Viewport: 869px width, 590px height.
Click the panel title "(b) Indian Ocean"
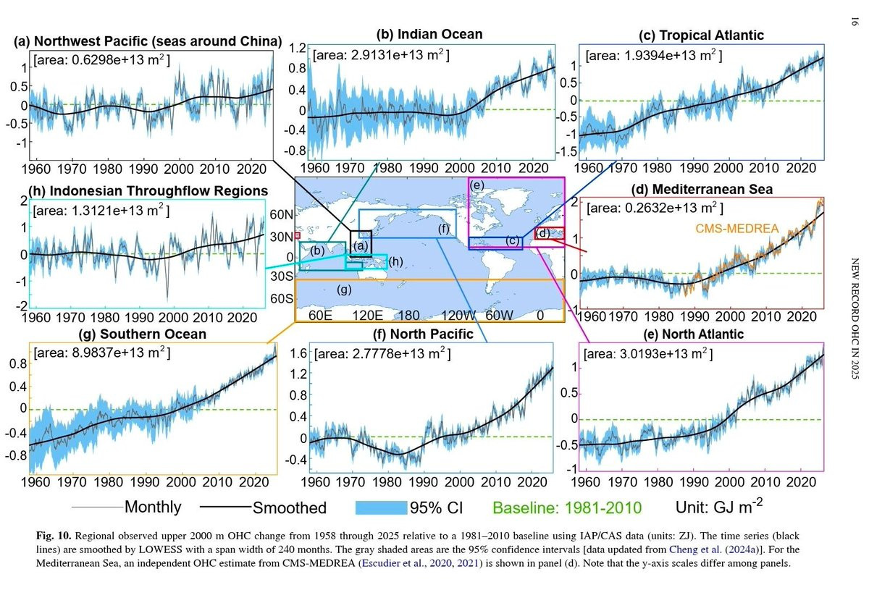[429, 35]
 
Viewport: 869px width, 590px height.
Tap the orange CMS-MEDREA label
[736, 229]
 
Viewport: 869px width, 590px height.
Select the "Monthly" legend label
[153, 507]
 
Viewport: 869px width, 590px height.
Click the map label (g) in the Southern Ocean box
[345, 290]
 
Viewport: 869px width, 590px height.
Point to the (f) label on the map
[444, 229]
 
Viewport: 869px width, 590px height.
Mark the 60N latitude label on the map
[281, 214]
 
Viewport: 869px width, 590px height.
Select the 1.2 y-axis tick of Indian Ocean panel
[298, 49]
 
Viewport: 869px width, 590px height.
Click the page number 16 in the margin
[855, 24]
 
